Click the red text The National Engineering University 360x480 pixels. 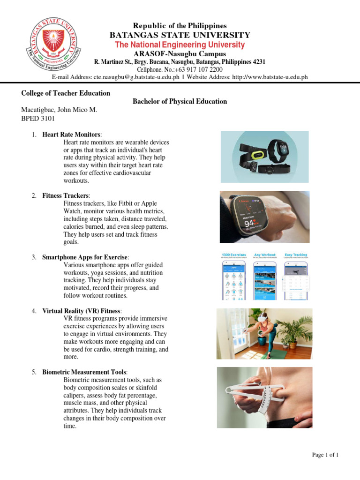180,45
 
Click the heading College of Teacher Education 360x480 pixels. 66,93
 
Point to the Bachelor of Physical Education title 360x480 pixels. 180,101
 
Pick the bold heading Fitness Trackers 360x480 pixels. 65,195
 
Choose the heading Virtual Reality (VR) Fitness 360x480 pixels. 82,311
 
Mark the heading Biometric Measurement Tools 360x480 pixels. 84,372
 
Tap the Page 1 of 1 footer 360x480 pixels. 325,455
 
